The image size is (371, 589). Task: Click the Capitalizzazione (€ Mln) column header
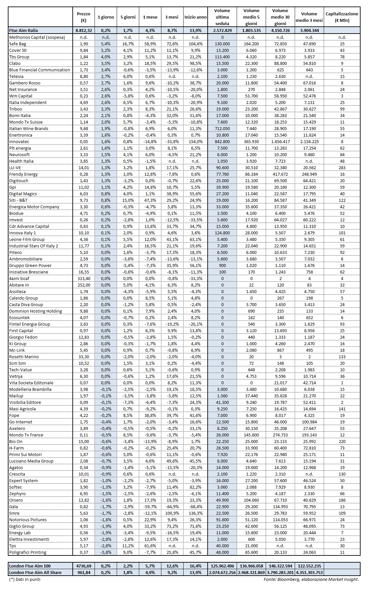coord(342,17)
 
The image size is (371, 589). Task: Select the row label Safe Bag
coord(18,44)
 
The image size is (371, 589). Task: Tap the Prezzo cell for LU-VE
coord(84,168)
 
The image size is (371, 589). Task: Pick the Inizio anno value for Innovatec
coord(196,141)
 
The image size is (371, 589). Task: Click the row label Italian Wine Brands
coord(29,128)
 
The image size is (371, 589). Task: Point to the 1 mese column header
coord(150,17)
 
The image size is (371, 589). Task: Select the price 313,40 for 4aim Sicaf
coord(84,278)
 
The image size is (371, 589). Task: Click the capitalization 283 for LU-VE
coord(342,168)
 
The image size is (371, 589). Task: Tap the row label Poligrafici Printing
coord(28,552)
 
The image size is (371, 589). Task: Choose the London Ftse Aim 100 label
coord(30,566)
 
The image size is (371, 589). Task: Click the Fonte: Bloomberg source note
coord(311,579)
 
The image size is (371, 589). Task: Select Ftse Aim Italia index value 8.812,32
coord(84,30)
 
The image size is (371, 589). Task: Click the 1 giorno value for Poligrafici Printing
coord(106,552)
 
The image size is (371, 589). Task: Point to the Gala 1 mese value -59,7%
coord(150,507)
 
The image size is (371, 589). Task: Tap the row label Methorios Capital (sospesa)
coord(37,37)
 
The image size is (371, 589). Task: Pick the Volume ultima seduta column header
coord(222,17)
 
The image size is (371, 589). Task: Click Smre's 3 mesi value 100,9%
coord(172,513)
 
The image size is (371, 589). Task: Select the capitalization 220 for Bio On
coord(342,441)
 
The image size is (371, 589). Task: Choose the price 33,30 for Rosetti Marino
coord(84,357)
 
